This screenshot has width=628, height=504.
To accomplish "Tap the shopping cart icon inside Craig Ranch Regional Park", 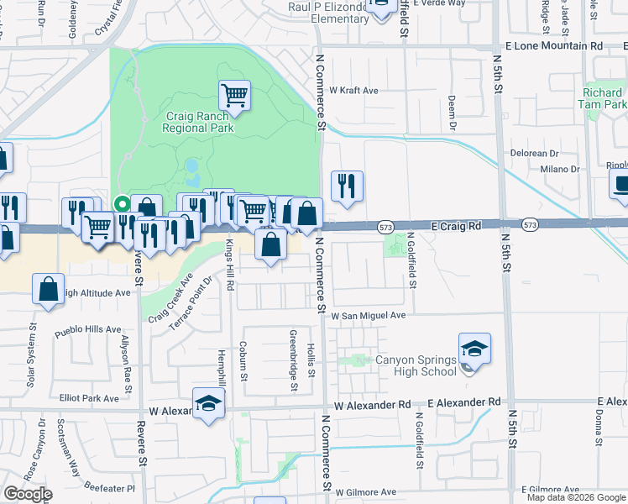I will point(234,95).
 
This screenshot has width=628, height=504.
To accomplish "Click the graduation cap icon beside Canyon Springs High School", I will point(474,349).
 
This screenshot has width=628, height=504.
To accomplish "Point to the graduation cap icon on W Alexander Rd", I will point(208,403).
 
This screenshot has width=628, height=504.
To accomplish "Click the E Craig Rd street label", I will point(456,226).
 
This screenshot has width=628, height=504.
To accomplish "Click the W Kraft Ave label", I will point(353,90).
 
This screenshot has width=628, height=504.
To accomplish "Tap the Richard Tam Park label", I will point(602,98).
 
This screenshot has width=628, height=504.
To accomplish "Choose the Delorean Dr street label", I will point(535,154).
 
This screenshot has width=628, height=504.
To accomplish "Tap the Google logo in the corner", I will point(28,494).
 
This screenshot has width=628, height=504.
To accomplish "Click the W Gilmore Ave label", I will point(365,492).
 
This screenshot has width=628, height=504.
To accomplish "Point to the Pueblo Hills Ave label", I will point(88,330).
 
